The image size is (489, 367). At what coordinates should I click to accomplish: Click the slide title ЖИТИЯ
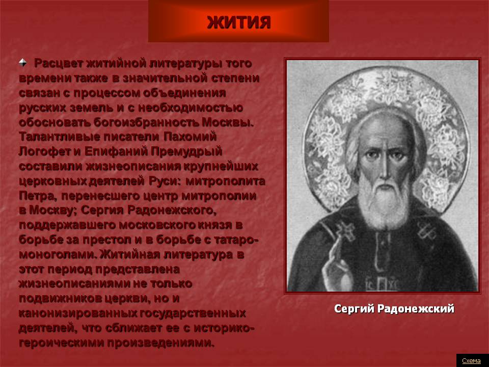tap(238, 22)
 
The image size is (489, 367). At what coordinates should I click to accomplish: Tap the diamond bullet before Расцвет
tap(23, 62)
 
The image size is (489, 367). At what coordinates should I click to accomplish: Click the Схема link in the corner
tap(471, 361)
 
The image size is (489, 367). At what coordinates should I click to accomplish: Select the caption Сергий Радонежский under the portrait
tap(394, 309)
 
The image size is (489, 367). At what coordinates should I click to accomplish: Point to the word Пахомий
tap(190, 137)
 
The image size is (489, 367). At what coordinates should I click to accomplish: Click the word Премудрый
tap(186, 152)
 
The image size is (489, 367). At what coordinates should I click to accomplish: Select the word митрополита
tap(225, 181)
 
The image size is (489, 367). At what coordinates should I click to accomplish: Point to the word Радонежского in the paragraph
tap(172, 211)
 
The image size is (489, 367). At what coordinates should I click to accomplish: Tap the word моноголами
tap(58, 254)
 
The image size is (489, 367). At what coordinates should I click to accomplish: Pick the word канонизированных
tap(78, 313)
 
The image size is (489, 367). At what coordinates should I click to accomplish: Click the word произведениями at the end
tap(161, 343)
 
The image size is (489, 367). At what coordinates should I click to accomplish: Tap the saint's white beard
tap(384, 200)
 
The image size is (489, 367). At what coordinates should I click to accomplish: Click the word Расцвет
tap(58, 63)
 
